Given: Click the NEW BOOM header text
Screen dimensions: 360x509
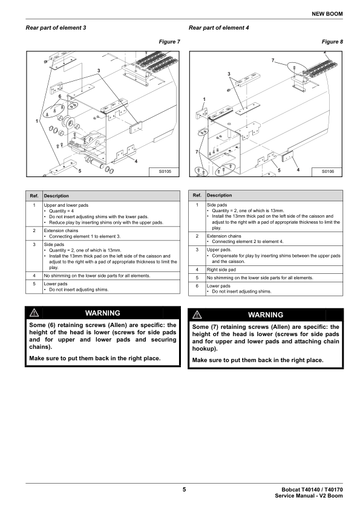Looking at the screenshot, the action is (x=327, y=14).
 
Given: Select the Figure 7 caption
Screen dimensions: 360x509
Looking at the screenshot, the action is (x=169, y=42).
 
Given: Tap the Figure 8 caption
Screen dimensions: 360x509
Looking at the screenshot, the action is (x=332, y=42).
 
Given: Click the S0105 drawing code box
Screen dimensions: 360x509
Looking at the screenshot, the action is (x=165, y=172).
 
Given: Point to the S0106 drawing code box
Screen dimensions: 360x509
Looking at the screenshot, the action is (x=327, y=172).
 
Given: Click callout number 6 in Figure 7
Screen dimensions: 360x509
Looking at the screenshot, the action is (x=60, y=96).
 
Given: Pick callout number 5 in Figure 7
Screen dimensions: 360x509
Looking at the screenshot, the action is (x=80, y=170).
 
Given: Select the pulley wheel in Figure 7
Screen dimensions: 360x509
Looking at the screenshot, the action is (x=69, y=123).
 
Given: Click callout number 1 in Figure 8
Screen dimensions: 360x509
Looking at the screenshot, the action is (x=204, y=99).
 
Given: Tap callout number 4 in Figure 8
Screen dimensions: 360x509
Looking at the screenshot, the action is (x=298, y=169).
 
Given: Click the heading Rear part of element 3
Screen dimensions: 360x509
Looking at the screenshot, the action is (x=56, y=28).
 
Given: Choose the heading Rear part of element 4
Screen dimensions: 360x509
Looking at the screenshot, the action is (x=218, y=28).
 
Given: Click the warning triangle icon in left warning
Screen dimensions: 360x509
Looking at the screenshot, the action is (x=34, y=313).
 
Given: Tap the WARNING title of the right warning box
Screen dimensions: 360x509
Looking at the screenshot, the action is (x=266, y=315).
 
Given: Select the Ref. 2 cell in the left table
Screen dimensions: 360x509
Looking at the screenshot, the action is (x=34, y=233).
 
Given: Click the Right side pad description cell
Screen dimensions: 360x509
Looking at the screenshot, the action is (x=274, y=270).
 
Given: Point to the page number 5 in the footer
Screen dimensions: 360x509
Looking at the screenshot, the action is (x=184, y=490).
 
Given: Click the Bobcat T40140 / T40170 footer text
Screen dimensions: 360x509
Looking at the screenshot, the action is (x=312, y=490).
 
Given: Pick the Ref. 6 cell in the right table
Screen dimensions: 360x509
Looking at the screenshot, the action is (x=197, y=289).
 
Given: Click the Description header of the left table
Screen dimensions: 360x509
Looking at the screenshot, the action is (x=56, y=196).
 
